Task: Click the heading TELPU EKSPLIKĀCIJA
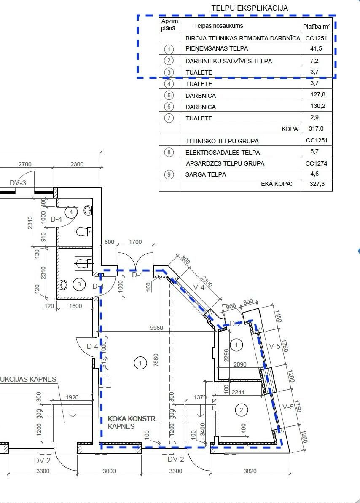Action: click(x=250, y=8)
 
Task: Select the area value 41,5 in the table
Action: click(x=316, y=48)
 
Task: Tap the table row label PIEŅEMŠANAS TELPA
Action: click(x=217, y=48)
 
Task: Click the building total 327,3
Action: click(x=316, y=184)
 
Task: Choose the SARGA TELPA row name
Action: click(x=206, y=174)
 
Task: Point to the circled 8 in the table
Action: click(x=169, y=152)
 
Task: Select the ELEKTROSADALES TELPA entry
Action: click(x=223, y=153)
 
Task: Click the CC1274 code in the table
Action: click(x=316, y=163)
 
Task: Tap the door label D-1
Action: click(x=138, y=275)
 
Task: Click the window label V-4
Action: click(x=199, y=287)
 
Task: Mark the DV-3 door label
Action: click(x=18, y=183)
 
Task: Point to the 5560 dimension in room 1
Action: click(x=156, y=327)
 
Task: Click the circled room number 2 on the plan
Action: click(x=241, y=409)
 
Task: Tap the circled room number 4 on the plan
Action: click(x=71, y=212)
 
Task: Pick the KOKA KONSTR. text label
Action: click(x=132, y=419)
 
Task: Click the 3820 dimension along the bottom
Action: click(x=250, y=471)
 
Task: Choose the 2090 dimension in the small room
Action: click(x=240, y=364)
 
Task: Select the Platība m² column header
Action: click(x=316, y=26)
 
